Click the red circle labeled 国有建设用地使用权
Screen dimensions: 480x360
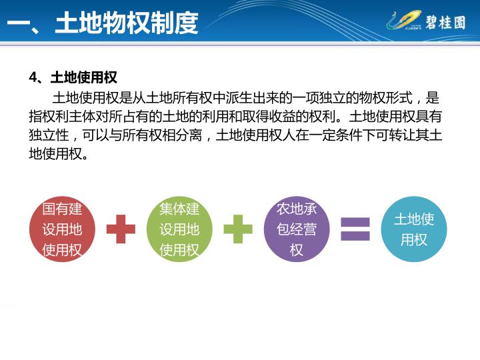62,229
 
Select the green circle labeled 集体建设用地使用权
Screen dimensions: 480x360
179,229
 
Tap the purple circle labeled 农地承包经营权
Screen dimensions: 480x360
297,229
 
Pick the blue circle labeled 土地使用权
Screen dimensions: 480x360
414,229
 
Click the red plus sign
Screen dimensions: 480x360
121,229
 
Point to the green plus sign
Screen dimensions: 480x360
238,229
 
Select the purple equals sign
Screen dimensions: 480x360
355,229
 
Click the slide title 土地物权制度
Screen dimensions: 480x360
127,23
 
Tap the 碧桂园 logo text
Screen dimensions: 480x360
445,23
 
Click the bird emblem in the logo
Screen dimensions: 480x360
404,20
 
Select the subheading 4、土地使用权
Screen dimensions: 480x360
73,77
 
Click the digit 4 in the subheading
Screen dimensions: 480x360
33,77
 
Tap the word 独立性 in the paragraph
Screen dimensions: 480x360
49,135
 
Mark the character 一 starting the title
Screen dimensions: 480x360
19,23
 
